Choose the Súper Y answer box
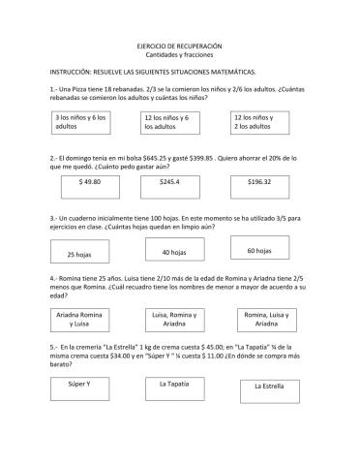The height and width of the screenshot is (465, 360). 79,387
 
